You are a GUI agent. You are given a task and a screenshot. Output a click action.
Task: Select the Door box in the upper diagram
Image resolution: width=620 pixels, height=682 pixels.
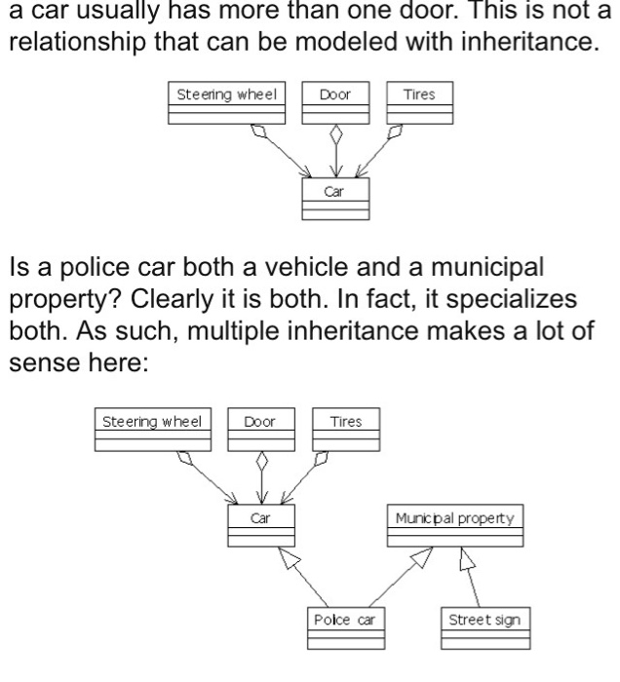tap(334, 105)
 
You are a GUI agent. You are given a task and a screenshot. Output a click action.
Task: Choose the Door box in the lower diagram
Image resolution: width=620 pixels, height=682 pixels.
tap(260, 432)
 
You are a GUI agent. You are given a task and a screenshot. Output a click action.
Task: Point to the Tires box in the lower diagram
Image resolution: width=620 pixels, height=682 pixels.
tap(346, 432)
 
